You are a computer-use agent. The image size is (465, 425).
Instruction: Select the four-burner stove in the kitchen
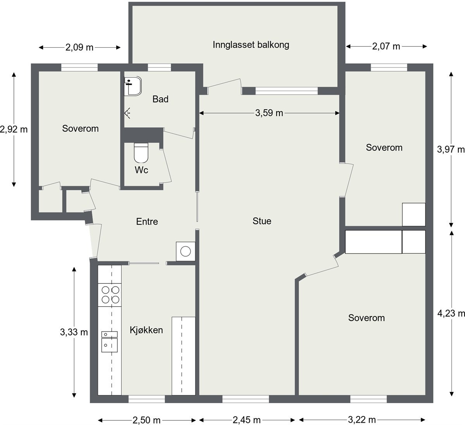(110, 295)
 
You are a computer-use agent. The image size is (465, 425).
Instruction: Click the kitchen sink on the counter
(109, 342)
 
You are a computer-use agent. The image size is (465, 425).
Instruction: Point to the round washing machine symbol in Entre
(186, 251)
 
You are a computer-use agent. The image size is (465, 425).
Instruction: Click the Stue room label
(262, 221)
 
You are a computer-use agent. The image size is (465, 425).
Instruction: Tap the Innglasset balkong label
(251, 45)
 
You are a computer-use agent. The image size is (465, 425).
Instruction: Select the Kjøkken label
(146, 330)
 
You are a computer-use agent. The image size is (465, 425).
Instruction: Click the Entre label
(147, 221)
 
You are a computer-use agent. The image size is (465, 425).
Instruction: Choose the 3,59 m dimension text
(269, 113)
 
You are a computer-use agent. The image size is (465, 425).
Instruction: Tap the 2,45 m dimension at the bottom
(246, 420)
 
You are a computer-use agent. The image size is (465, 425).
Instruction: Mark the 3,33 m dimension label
(74, 332)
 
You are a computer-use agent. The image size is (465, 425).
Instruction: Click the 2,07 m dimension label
(386, 47)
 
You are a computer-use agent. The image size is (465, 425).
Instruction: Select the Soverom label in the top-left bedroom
(80, 128)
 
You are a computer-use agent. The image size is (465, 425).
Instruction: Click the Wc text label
(141, 170)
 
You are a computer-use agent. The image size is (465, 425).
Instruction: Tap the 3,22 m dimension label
(362, 420)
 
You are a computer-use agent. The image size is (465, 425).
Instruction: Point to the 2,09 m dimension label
(79, 48)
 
